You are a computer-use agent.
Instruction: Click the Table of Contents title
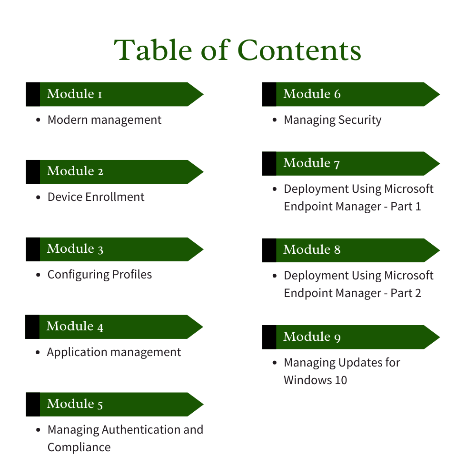click(238, 50)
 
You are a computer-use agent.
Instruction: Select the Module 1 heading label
click(75, 94)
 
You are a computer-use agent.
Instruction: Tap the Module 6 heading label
click(312, 94)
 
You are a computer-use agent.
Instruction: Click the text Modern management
click(104, 119)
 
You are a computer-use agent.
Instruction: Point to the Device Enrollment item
click(96, 197)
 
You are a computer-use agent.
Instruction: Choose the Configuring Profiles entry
click(99, 274)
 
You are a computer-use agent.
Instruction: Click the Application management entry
click(114, 352)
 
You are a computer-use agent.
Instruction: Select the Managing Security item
click(332, 119)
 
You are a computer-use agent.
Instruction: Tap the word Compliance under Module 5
click(79, 447)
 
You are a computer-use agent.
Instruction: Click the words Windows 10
click(315, 379)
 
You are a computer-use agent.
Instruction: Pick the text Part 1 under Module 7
click(406, 206)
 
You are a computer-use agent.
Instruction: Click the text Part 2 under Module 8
click(406, 293)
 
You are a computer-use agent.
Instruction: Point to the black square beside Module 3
click(33, 249)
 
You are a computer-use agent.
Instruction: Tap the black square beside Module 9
click(269, 337)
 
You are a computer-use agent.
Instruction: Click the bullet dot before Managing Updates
click(275, 363)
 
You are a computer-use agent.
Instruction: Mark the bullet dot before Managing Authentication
click(38, 430)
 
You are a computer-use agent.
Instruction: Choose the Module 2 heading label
click(75, 171)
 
